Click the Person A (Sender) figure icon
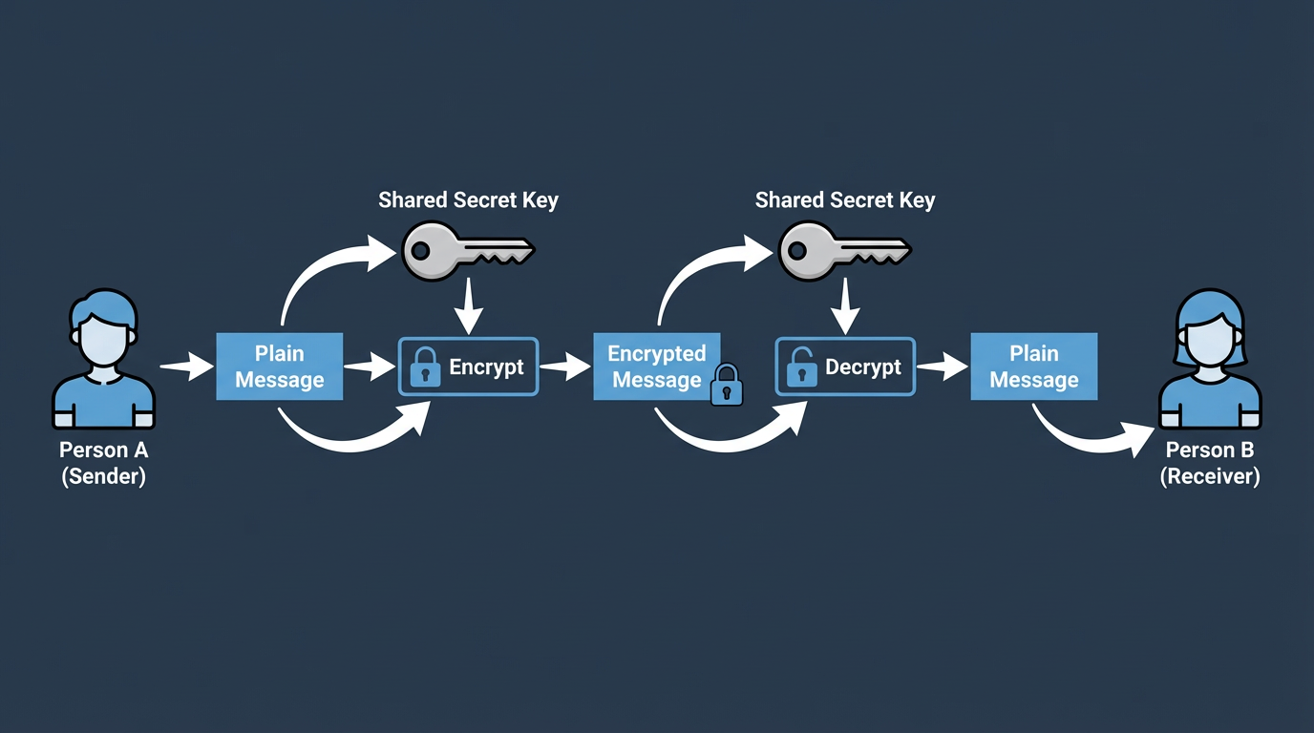coord(103,361)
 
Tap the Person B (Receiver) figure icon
coord(1209,361)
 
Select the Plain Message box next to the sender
coord(280,366)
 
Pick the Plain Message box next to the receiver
coord(1034,366)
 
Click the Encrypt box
coord(469,366)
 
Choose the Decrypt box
coord(845,366)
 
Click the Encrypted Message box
coord(657,366)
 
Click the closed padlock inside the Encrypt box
coord(425,367)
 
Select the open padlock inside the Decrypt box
coord(801,367)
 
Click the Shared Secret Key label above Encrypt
coord(468,200)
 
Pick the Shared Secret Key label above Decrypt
coord(845,200)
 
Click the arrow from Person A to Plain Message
coord(186,366)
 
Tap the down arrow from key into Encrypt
coord(467,308)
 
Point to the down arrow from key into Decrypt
coord(843,308)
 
